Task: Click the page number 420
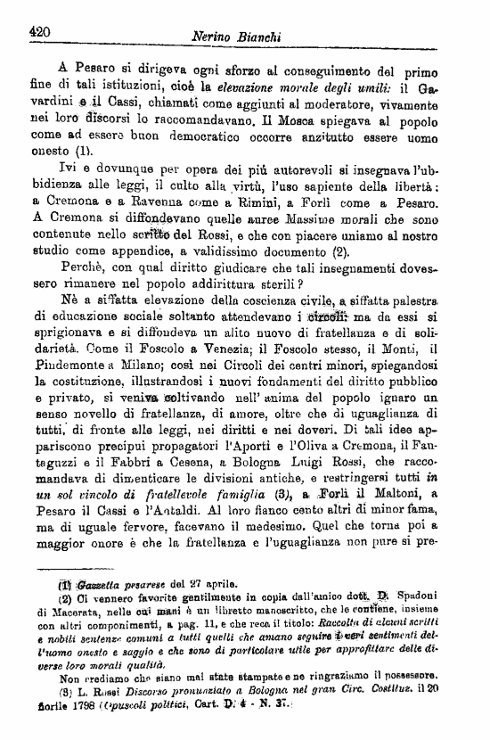(38, 32)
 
